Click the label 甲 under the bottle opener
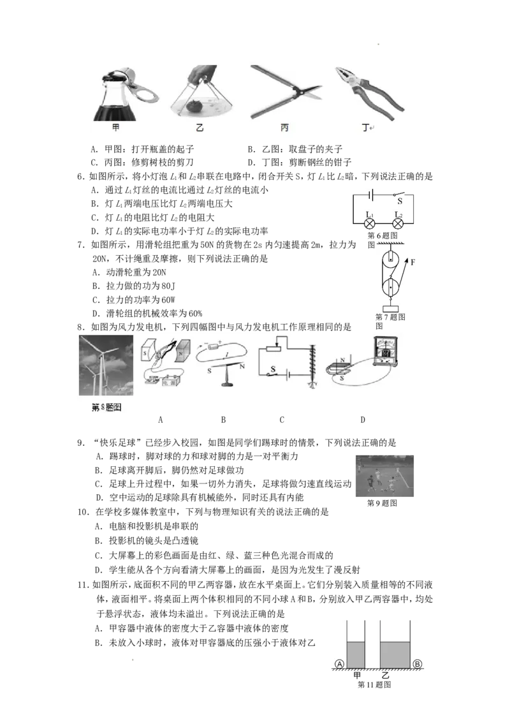[115, 128]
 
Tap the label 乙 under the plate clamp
[200, 128]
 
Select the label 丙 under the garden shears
[284, 128]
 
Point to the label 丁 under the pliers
[365, 128]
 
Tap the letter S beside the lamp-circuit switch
[400, 200]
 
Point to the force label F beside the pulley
[413, 262]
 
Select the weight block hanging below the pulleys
[390, 311]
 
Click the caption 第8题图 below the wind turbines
[105, 406]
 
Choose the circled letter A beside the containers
[339, 664]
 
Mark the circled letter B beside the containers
[417, 664]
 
